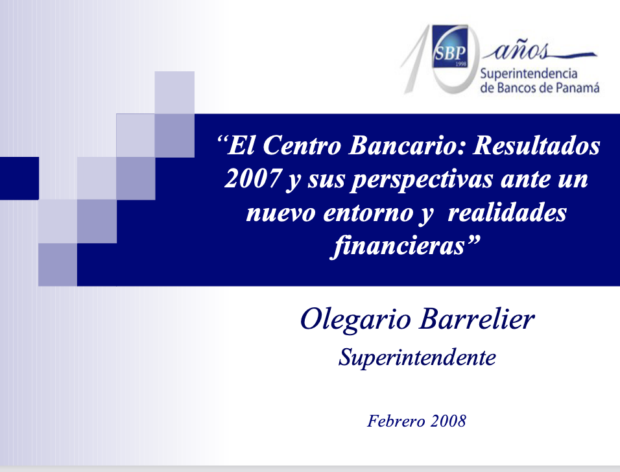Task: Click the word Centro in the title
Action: point(302,145)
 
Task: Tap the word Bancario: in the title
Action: point(408,145)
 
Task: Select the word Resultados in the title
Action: point(537,145)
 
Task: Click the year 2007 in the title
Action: point(253,179)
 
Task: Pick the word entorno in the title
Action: point(368,213)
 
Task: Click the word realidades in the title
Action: point(507,212)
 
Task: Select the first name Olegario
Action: point(356,320)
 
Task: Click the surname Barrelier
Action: point(477,318)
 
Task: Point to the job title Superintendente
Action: point(417,358)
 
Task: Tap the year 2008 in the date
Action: point(448,421)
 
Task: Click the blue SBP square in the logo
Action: point(450,46)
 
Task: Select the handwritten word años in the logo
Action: point(521,51)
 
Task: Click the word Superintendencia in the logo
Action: point(529,74)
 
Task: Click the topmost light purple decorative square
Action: point(174,93)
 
